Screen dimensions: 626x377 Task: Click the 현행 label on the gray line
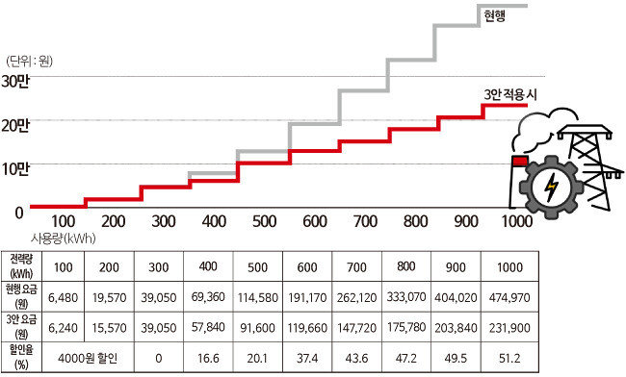tap(495, 15)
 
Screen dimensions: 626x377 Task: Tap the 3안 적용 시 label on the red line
tap(510, 95)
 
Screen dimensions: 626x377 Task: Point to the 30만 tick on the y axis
tap(15, 82)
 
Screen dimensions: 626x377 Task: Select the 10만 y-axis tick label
tap(15, 169)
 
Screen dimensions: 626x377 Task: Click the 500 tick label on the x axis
tap(264, 221)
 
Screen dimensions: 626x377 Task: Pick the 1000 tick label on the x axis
tap(516, 221)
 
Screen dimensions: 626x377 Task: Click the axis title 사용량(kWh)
tap(64, 239)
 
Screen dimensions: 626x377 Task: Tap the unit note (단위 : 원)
tap(30, 62)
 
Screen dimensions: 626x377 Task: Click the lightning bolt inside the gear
tap(552, 187)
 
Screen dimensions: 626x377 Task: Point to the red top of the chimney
tap(520, 161)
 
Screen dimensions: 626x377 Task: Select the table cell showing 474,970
tap(509, 297)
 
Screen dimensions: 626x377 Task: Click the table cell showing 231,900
tap(509, 328)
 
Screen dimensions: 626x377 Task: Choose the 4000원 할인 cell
tap(88, 359)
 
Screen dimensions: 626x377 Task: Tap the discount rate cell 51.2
tap(509, 359)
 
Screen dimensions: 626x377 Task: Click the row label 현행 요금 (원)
tap(21, 297)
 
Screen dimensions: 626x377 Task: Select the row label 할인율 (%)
tap(21, 358)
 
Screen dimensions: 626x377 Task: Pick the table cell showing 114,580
tap(258, 297)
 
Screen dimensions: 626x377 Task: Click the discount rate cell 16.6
tap(208, 359)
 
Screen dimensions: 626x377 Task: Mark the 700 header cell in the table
tap(356, 267)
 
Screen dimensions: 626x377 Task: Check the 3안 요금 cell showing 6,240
tap(63, 328)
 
